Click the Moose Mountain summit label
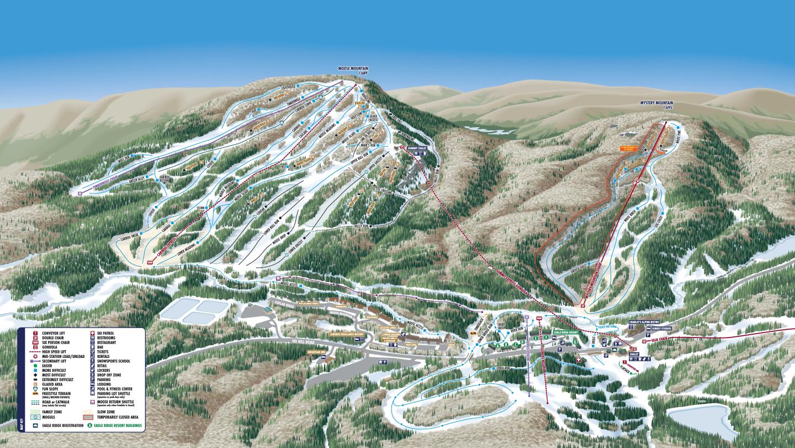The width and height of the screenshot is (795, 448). [x=353, y=70]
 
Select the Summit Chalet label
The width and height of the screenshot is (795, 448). [x=417, y=149]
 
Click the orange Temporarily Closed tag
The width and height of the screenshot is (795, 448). [x=628, y=148]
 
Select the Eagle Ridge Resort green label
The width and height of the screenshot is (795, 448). [x=564, y=333]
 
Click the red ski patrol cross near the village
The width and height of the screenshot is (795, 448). [x=579, y=360]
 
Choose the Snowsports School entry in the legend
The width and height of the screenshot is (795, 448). [x=113, y=361]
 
